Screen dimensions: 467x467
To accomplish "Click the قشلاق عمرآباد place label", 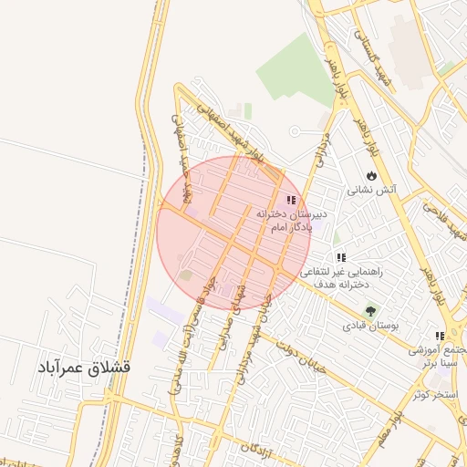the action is (84, 369).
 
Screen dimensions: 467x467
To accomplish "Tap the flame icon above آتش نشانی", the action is (371, 174).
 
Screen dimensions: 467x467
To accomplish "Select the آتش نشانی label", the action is (368, 192).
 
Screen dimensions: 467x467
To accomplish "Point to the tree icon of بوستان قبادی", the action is (369, 310).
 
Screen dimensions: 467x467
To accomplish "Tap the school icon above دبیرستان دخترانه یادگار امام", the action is (291, 200).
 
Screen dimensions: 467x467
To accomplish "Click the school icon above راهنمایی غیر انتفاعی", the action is (341, 258).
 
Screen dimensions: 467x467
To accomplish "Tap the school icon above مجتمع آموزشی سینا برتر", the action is (441, 336).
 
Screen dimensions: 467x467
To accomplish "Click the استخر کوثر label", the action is (433, 394).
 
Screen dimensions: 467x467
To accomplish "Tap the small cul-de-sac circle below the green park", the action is (296, 132).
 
